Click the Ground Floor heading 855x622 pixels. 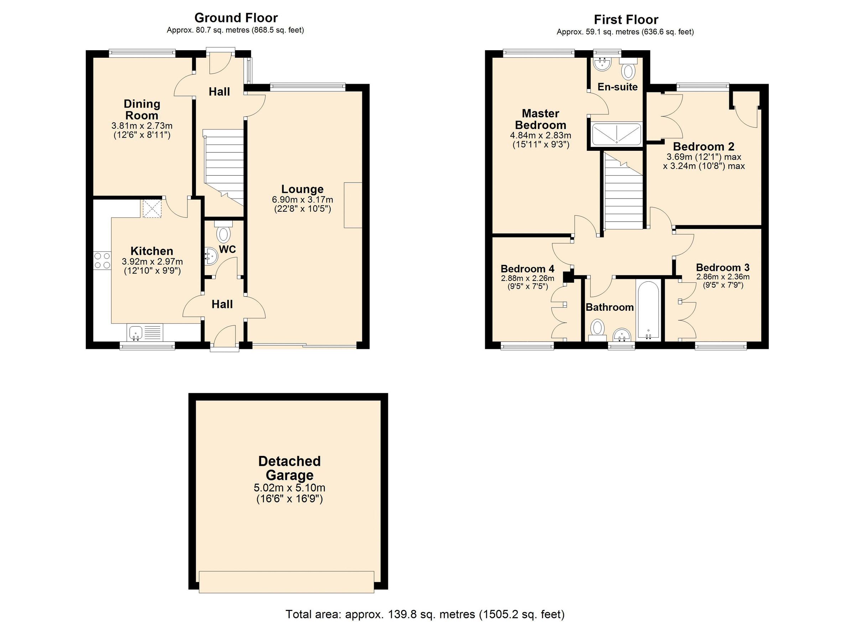coord(236,18)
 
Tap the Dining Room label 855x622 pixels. coord(142,109)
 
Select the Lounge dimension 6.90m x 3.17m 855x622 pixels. coord(302,200)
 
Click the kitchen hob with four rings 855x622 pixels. coord(102,260)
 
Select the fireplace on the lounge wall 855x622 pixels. coord(353,205)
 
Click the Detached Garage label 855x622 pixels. coord(290,468)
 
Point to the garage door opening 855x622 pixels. coord(286,582)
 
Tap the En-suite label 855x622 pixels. coord(617,87)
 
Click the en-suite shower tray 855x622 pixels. coord(616,134)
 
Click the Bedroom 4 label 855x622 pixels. coord(527,268)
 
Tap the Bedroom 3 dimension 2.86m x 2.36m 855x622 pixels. coord(723,277)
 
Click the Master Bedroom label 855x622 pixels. coord(540,119)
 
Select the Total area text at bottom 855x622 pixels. coord(425,615)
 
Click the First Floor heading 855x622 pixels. coord(626,19)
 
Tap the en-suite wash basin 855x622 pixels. coord(602,64)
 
